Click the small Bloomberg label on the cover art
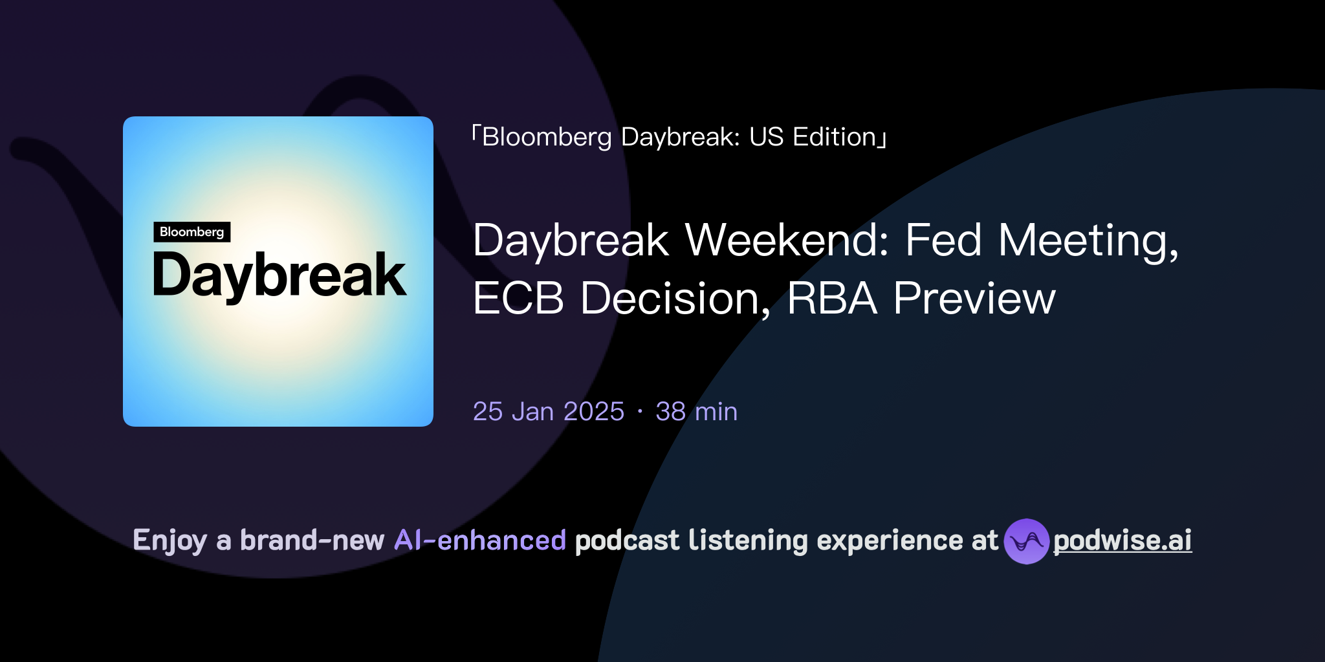click(192, 232)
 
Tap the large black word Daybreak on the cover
click(279, 276)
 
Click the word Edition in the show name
click(835, 137)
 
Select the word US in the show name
click(766, 137)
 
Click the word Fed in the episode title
click(943, 240)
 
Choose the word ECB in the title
click(518, 299)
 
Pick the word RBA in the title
click(832, 299)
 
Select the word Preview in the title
click(974, 299)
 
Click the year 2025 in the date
click(593, 412)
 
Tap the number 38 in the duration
click(670, 412)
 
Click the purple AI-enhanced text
click(480, 540)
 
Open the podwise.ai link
click(1122, 540)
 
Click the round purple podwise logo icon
click(1026, 541)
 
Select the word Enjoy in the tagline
click(170, 540)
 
